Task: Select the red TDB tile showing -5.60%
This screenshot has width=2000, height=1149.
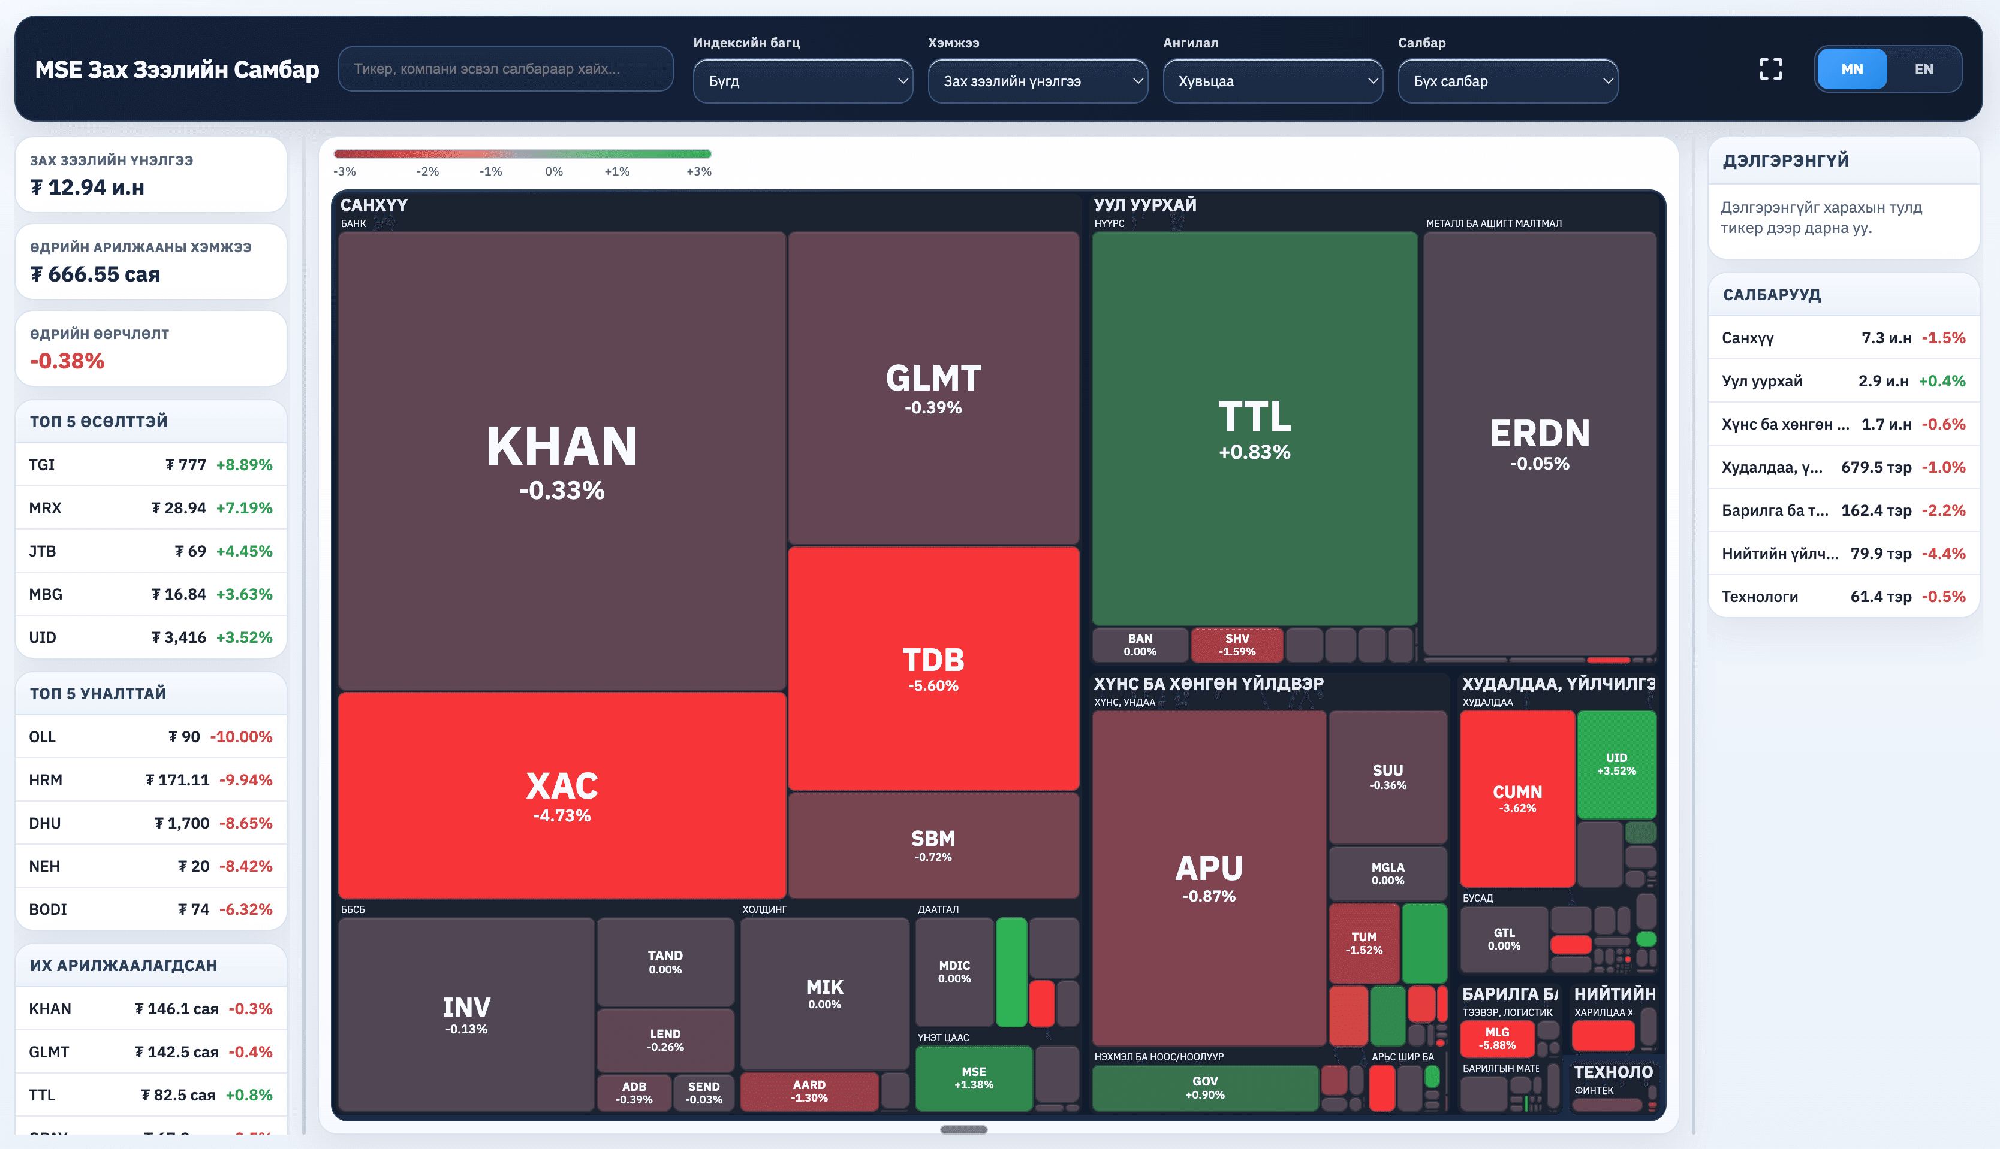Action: [x=933, y=669]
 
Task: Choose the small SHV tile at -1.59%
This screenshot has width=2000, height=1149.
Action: [x=1236, y=645]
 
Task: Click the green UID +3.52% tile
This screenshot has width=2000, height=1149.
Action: [x=1616, y=764]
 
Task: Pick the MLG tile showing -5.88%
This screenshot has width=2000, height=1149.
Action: [x=1496, y=1039]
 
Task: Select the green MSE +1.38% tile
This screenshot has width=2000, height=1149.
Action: [x=974, y=1078]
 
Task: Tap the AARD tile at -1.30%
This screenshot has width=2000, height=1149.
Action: [x=809, y=1091]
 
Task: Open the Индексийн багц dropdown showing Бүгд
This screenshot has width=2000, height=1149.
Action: [x=802, y=81]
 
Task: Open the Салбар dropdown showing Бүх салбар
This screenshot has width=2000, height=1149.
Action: [x=1507, y=81]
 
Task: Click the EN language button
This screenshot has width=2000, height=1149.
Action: [x=1923, y=69]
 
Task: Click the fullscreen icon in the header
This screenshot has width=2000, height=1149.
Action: [x=1770, y=69]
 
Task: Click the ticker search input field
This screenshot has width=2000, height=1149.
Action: [x=505, y=69]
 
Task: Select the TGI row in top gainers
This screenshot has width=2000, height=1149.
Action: [x=150, y=465]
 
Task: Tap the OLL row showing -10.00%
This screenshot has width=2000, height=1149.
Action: [x=150, y=737]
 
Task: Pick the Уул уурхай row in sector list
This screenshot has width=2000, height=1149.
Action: [x=1843, y=381]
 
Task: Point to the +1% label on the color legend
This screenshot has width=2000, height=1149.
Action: [x=617, y=171]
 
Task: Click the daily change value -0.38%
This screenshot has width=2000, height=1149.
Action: [x=67, y=361]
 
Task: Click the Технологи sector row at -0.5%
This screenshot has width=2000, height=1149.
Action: [x=1843, y=597]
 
